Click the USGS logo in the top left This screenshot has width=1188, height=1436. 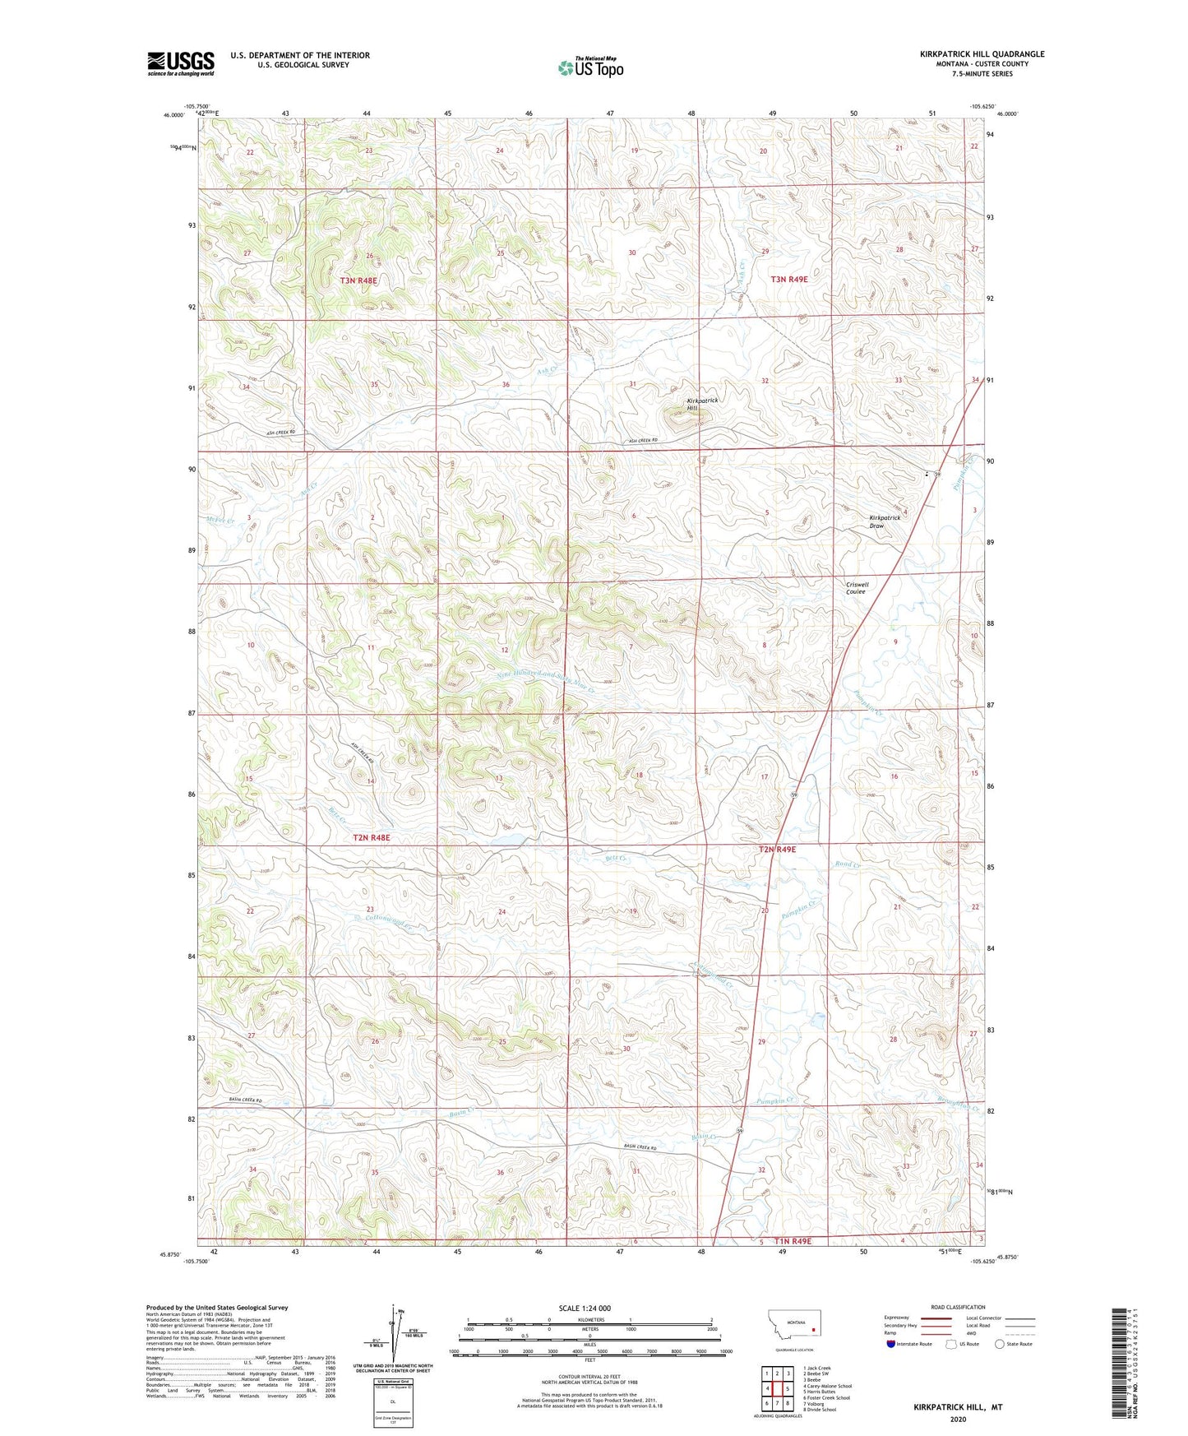(x=181, y=63)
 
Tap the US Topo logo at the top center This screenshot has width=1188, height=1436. (x=590, y=67)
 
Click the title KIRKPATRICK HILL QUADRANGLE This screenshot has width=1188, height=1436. (x=982, y=54)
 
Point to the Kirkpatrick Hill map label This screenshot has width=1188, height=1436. (x=702, y=404)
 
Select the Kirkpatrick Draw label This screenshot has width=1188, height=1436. (x=885, y=521)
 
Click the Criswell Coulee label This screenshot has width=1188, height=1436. (x=857, y=588)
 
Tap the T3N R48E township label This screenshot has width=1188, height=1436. (x=358, y=280)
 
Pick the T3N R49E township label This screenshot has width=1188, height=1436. (x=788, y=280)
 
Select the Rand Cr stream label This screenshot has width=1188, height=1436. (x=846, y=864)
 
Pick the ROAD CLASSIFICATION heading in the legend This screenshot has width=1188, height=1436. (x=957, y=1307)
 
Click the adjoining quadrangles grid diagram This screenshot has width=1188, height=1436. (x=777, y=1389)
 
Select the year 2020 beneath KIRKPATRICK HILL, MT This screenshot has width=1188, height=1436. (x=958, y=1419)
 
